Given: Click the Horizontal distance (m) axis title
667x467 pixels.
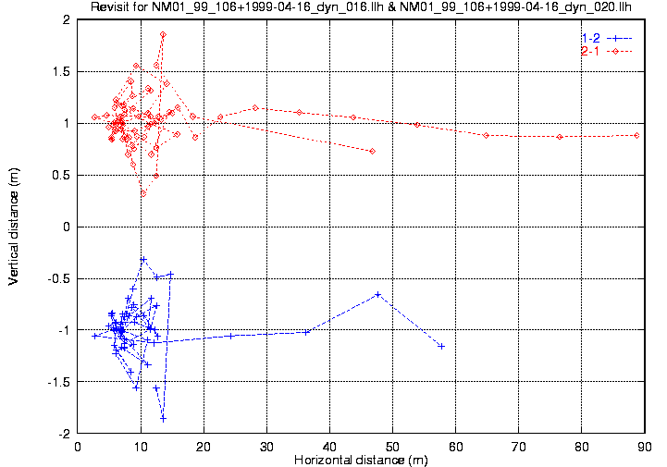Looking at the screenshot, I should (x=356, y=460).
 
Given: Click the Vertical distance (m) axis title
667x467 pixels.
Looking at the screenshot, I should (x=14, y=227).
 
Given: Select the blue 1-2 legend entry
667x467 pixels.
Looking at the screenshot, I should (x=589, y=38).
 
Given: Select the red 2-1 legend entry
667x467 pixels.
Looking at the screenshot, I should (x=589, y=51).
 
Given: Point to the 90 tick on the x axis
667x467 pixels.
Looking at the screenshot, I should (x=644, y=446).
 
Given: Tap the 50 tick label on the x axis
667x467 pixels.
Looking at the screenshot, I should (x=392, y=446).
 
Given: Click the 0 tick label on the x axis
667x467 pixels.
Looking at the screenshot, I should (x=78, y=446).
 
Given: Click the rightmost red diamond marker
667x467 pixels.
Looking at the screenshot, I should (x=636, y=135).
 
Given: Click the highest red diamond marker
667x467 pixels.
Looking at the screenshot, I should (x=163, y=35).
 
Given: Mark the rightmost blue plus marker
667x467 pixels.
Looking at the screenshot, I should (x=441, y=346).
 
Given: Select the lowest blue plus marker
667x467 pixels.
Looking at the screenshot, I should (x=163, y=418).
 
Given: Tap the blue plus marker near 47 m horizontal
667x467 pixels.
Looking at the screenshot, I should (x=377, y=294).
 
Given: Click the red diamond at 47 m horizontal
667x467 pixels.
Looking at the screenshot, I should (x=372, y=151).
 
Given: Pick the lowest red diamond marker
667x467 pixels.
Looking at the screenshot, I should (x=143, y=193).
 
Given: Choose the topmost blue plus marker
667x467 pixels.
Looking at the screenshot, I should (x=143, y=259).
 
